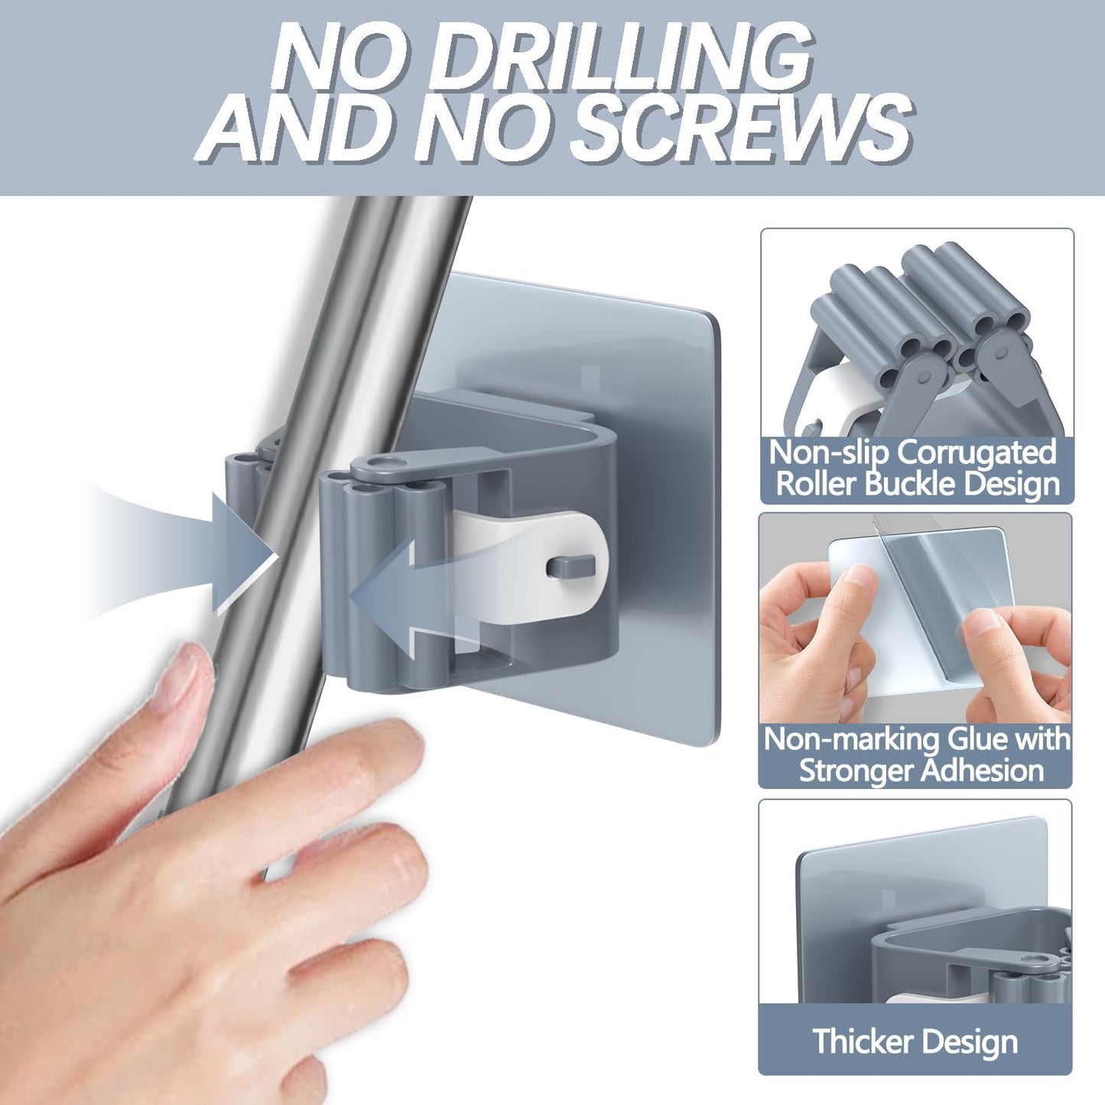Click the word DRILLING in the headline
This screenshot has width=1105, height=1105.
click(x=619, y=57)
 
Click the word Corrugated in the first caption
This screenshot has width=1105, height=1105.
click(x=977, y=453)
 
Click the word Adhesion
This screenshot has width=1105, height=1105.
click(x=982, y=770)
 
